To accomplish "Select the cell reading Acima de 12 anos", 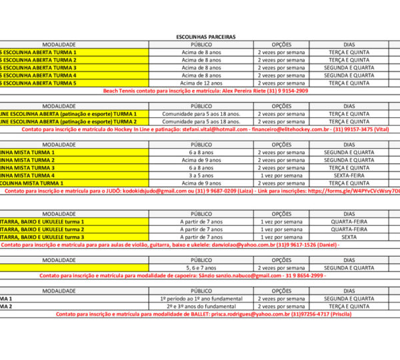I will point(201,83).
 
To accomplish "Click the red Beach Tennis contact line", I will point(206,91).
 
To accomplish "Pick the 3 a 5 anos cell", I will point(201,175).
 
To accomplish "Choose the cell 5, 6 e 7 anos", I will point(201,268).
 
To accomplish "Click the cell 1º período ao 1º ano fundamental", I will point(201,299).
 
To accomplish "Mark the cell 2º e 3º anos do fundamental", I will point(201,306).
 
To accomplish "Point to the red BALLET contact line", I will point(200,313).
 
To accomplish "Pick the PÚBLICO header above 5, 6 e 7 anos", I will point(201,260).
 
